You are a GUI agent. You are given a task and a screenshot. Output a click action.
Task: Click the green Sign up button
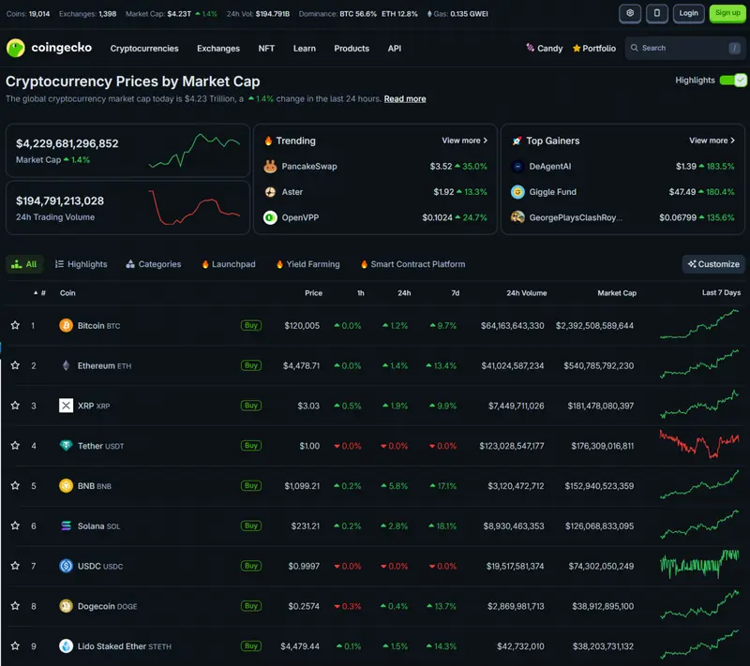(727, 13)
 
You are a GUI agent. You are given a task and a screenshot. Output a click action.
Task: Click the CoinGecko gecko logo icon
(16, 48)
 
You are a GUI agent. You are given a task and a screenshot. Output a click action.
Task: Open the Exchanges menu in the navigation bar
(218, 49)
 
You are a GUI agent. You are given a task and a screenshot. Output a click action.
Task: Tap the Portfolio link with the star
(594, 49)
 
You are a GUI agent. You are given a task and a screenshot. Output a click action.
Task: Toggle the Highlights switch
(733, 81)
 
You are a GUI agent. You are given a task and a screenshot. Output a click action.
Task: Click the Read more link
(405, 99)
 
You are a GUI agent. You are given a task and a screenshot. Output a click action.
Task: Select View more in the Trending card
(464, 141)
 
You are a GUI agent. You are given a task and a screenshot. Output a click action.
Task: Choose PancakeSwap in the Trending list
(309, 166)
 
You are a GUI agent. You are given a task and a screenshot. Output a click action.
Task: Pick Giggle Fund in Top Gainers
(552, 192)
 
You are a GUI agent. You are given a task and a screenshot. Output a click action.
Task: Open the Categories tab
(154, 264)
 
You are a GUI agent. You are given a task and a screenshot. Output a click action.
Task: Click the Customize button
(713, 264)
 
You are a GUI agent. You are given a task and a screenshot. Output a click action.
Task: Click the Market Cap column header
(617, 293)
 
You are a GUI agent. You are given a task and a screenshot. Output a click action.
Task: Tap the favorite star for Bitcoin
(15, 325)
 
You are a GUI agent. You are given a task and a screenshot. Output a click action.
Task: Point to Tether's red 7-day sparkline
(698, 444)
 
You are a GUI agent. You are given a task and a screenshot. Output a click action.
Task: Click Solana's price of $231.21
(306, 526)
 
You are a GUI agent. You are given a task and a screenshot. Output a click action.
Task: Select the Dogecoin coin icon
(66, 606)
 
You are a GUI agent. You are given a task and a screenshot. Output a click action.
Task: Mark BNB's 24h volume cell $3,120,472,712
(516, 486)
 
